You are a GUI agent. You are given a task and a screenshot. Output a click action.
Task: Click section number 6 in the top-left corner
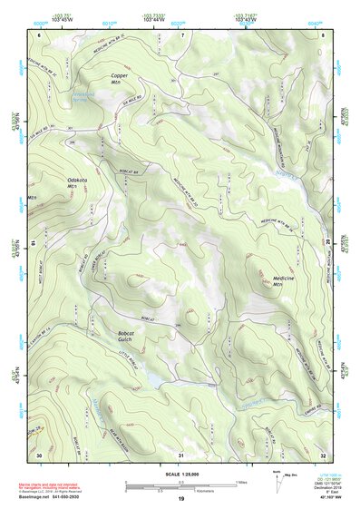pos(39,34)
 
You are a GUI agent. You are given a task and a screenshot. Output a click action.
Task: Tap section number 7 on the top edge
pos(182,34)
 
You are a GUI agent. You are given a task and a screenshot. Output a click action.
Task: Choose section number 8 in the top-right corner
pos(323,34)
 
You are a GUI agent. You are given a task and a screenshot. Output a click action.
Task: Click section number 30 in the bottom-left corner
pos(39,453)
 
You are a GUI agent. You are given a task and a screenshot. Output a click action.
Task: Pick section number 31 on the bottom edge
pos(181,453)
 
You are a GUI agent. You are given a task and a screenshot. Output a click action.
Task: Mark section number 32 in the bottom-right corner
pos(323,453)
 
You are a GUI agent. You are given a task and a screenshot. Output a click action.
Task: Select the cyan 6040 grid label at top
pos(313,23)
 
